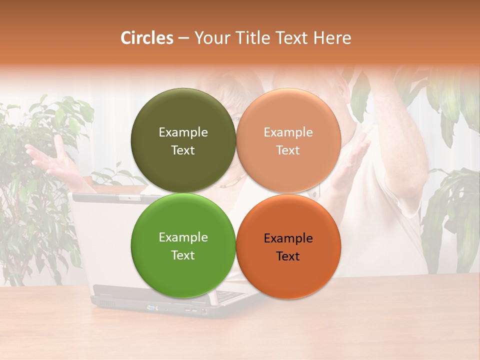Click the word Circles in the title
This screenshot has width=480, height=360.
[x=146, y=38]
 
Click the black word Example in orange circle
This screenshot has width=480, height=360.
[x=288, y=238]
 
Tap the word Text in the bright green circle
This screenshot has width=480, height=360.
[x=183, y=255]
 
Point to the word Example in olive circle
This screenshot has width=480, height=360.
[x=183, y=132]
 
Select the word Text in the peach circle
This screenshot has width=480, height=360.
[x=288, y=150]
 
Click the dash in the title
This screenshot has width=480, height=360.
[x=183, y=38]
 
